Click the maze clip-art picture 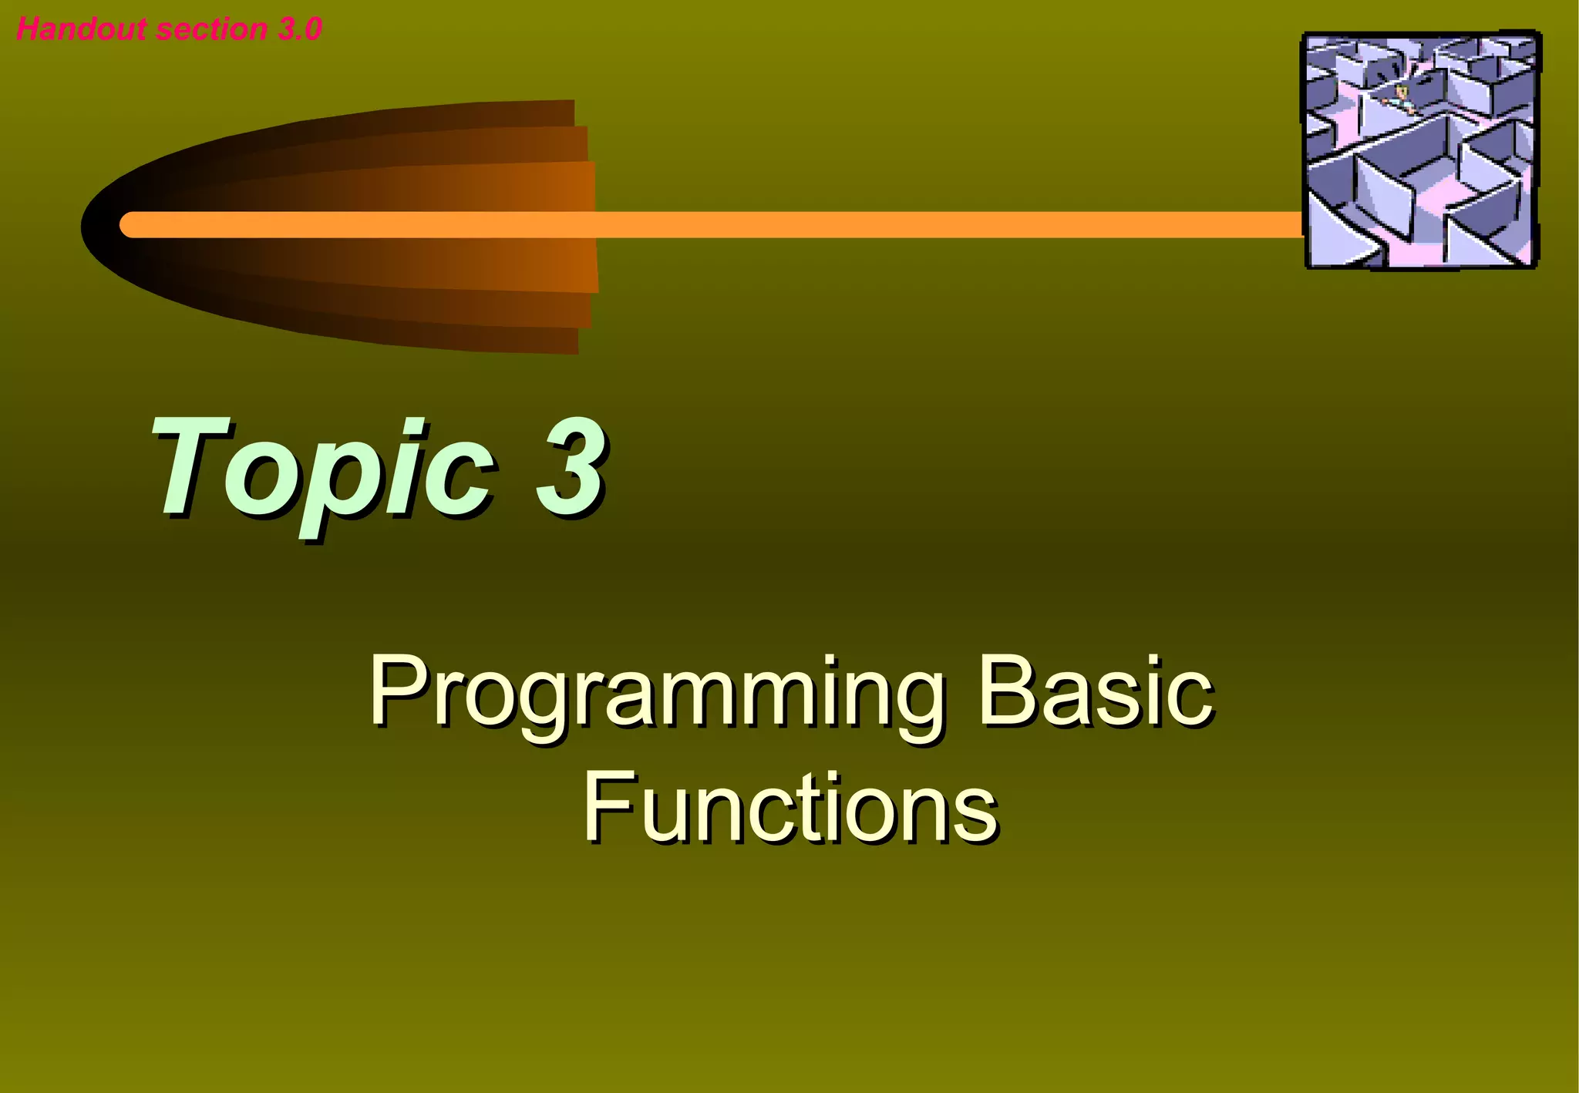click(1420, 150)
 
